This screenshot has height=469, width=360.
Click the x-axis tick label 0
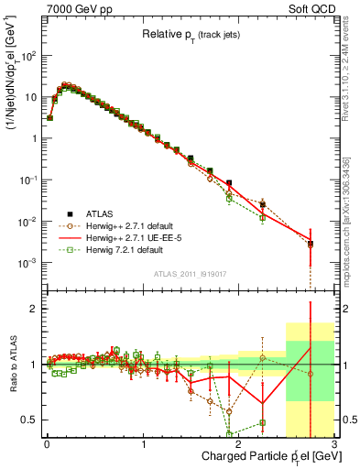pyautogui.click(x=47, y=444)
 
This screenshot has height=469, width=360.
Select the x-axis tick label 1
pyautogui.click(x=144, y=444)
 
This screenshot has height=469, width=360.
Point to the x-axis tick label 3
pyautogui.click(x=334, y=444)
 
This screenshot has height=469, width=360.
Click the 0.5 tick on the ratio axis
pyautogui.click(x=31, y=420)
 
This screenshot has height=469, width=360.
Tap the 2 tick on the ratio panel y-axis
pyautogui.click(x=36, y=309)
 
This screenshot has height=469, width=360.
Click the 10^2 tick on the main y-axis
pyautogui.click(x=29, y=55)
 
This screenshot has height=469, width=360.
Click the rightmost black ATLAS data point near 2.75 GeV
pyautogui.click(x=311, y=244)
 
